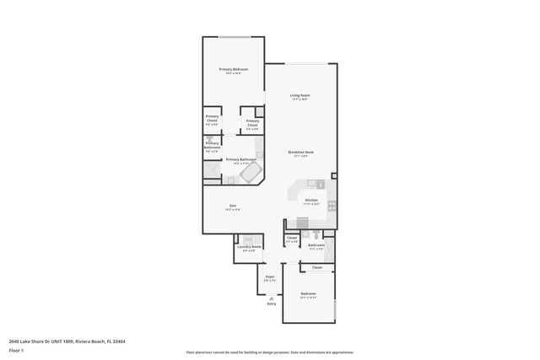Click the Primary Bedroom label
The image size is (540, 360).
(x=232, y=69)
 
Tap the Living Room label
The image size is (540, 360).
(x=300, y=96)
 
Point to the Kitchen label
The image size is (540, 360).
(x=311, y=201)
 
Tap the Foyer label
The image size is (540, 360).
(x=270, y=277)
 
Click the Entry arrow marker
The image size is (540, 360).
(x=271, y=298)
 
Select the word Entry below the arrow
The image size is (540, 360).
(x=271, y=304)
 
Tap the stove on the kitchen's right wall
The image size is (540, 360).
(x=332, y=205)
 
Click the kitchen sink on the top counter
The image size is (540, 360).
(x=311, y=183)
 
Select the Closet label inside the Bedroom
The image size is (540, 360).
(x=317, y=267)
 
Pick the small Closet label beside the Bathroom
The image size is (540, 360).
(x=292, y=238)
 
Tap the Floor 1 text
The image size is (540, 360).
(x=17, y=349)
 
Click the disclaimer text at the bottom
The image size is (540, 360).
(x=269, y=352)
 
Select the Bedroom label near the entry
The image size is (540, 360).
(x=308, y=293)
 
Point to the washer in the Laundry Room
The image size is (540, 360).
(x=247, y=239)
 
